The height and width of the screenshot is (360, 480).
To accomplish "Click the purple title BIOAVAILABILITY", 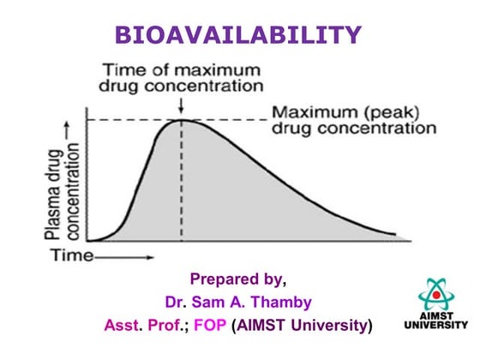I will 238,34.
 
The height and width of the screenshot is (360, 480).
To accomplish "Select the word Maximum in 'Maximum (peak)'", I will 311,112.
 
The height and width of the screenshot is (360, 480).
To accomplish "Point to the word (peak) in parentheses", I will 381,112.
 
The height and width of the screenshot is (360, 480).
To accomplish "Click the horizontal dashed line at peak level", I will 137,118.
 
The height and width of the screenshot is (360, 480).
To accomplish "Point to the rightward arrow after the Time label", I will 129,255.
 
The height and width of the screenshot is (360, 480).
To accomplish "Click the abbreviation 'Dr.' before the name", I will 174,302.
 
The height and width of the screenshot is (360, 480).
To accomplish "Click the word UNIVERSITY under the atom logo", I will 435,326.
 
